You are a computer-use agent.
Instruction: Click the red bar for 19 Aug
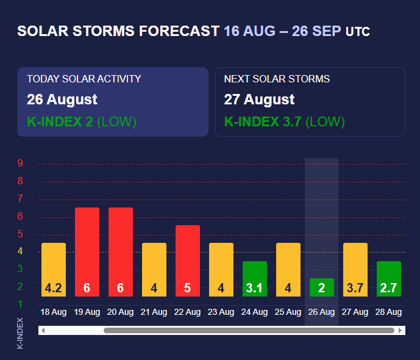pyautogui.click(x=87, y=252)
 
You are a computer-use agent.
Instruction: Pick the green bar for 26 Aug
pyautogui.click(x=321, y=287)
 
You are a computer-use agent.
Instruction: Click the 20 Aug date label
pyautogui.click(x=121, y=312)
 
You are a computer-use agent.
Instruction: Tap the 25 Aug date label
pyautogui.click(x=288, y=312)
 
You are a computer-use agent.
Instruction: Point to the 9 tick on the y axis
pyautogui.click(x=20, y=163)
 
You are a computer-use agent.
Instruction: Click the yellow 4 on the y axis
pyautogui.click(x=20, y=251)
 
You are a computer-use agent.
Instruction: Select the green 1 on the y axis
pyautogui.click(x=20, y=304)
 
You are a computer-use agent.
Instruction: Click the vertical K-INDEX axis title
pyautogui.click(x=20, y=333)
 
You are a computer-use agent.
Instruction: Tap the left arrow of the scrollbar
pyautogui.click(x=43, y=331)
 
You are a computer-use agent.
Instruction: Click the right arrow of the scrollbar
pyautogui.click(x=400, y=331)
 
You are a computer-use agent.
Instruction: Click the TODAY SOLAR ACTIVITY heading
pyautogui.click(x=84, y=79)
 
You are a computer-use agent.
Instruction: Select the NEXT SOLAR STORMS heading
pyautogui.click(x=277, y=79)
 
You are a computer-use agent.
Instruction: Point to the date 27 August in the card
pyautogui.click(x=259, y=99)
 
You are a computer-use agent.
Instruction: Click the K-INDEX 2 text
pyautogui.click(x=60, y=121)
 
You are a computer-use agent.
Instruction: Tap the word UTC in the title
pyautogui.click(x=358, y=32)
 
